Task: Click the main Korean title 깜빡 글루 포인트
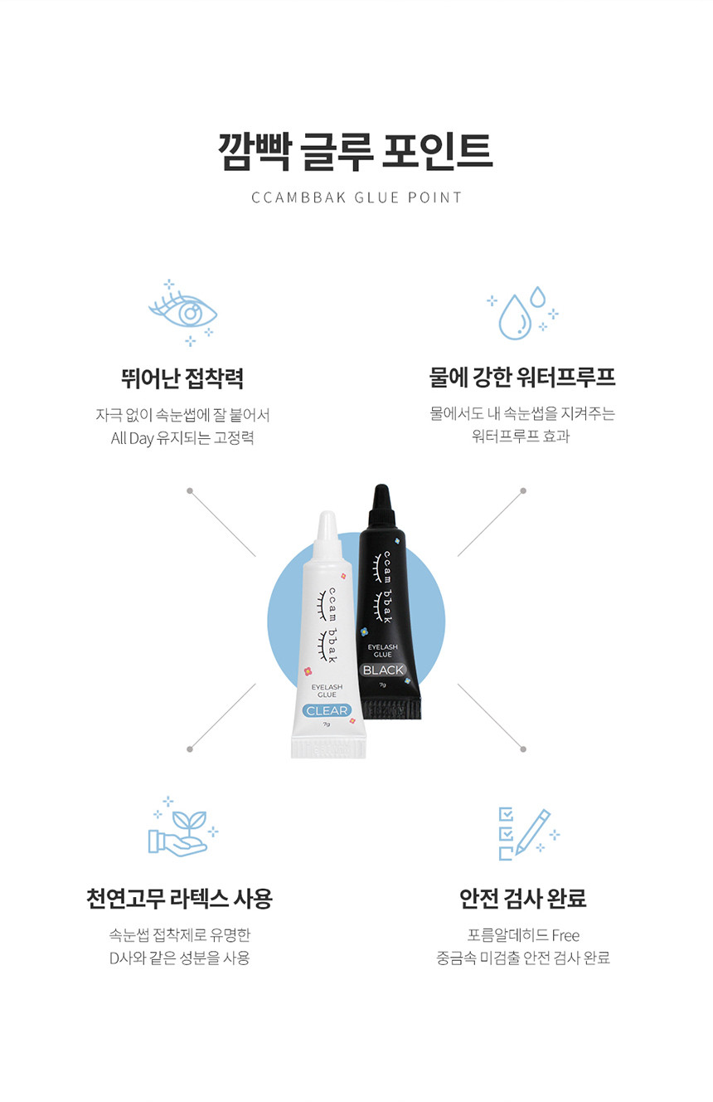[356, 152]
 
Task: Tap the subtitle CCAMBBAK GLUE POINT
[356, 197]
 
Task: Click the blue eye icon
[182, 312]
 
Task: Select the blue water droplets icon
[522, 313]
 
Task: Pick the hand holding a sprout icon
[183, 826]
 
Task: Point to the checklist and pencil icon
[529, 833]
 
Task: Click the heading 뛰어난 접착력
[182, 378]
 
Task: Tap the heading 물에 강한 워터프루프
[521, 378]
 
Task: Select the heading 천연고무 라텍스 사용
[179, 899]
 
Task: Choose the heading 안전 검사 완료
[523, 899]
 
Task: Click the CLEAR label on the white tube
[327, 710]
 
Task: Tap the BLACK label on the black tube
[383, 670]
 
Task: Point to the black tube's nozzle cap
[382, 505]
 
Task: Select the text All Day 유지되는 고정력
[182, 438]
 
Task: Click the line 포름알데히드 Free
[523, 934]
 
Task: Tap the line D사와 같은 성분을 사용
[179, 958]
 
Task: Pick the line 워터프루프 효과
[521, 436]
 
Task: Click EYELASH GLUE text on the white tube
[327, 690]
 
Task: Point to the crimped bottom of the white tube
[328, 748]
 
